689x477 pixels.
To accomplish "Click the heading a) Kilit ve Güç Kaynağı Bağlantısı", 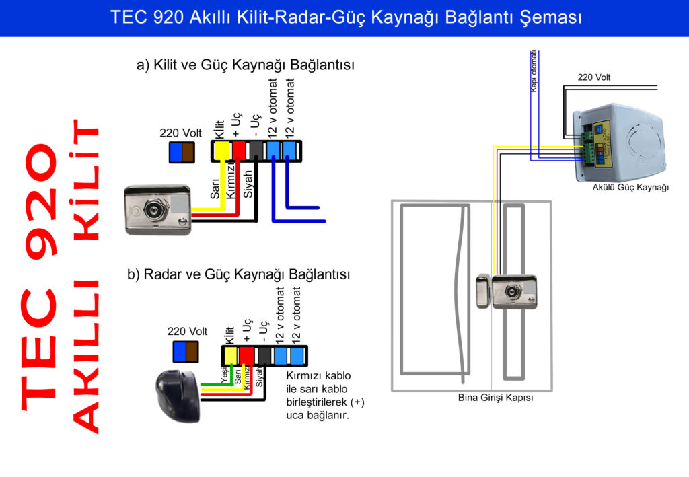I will click(245, 65).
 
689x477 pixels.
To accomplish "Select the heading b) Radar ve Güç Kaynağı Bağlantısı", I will click(239, 274).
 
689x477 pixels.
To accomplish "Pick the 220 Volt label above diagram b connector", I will click(187, 331).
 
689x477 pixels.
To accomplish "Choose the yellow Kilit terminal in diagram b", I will click(230, 355).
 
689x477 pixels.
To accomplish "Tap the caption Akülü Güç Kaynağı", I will click(630, 188).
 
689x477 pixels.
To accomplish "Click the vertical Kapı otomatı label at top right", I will click(534, 71).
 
